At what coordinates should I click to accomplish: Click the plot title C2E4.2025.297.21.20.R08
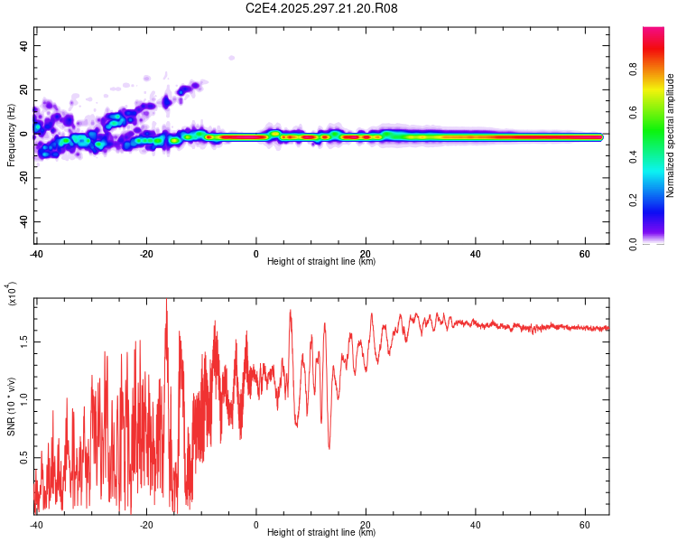[322, 8]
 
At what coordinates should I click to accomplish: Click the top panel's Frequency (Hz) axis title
[11, 136]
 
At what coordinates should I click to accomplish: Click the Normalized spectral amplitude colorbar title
[670, 136]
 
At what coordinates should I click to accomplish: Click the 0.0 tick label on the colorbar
[658, 242]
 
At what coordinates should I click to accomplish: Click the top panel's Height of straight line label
[321, 261]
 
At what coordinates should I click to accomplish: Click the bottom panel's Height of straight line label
[321, 532]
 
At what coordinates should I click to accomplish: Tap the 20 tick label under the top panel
[366, 252]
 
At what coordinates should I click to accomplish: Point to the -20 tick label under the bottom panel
[146, 524]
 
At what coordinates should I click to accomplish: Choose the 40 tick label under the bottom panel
[475, 524]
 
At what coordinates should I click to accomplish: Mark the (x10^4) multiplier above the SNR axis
[12, 294]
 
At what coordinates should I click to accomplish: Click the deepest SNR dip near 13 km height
[329, 448]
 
